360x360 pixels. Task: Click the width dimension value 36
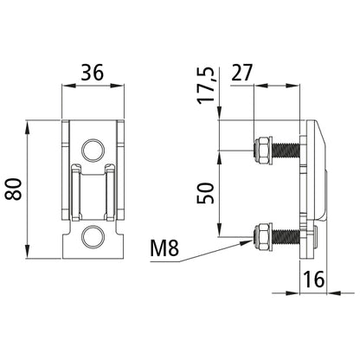[94, 74]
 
